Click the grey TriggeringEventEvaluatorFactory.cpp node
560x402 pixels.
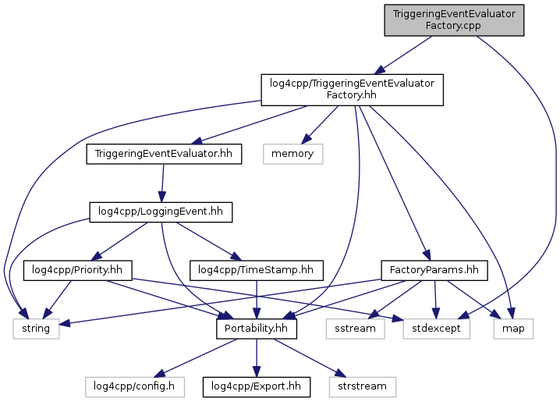click(x=454, y=20)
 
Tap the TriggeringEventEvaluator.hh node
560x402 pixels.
click(x=163, y=154)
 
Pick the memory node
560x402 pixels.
click(x=292, y=154)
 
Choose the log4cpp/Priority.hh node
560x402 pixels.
click(x=77, y=270)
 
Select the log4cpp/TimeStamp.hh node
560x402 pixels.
click(x=256, y=270)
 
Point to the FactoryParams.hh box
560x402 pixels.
click(x=434, y=270)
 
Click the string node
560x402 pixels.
click(x=36, y=329)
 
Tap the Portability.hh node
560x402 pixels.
click(x=256, y=329)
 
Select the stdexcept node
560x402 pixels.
click(x=437, y=329)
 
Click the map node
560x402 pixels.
click(x=513, y=329)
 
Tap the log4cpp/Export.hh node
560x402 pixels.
click(x=256, y=386)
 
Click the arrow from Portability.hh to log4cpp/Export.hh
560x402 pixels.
click(x=256, y=358)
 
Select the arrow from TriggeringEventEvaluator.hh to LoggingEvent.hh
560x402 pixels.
click(x=161, y=183)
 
